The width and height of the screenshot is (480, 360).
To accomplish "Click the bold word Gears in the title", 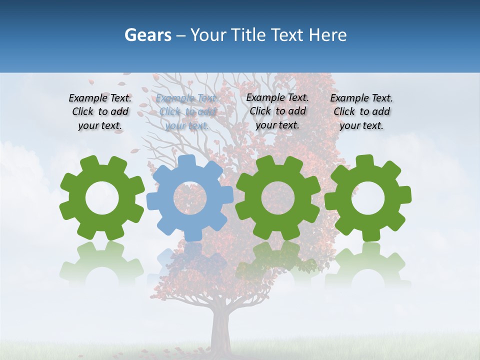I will point(147,35).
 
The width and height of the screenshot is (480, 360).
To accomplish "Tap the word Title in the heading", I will point(247,35).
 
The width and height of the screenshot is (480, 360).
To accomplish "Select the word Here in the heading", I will point(327,35).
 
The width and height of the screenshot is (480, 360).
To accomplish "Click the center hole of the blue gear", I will point(190,197).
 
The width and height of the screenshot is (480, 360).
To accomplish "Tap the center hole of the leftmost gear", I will point(102,198).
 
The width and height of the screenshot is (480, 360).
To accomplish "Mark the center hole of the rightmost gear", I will point(368,197).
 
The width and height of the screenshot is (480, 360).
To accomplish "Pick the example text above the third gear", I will point(277,111).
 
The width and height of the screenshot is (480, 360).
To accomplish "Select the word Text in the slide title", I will point(287,35).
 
